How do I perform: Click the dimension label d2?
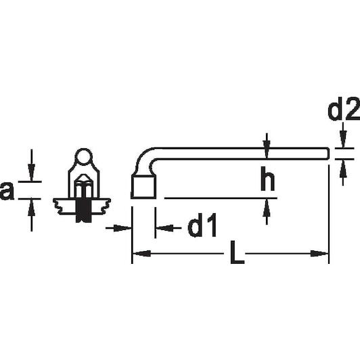(x=344, y=110)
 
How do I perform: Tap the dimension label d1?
(x=202, y=225)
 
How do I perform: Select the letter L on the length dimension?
(x=237, y=252)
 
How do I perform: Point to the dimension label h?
(x=268, y=179)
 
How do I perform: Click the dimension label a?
(x=7, y=191)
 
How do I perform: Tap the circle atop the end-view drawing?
(x=84, y=156)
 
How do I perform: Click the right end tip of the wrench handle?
(x=329, y=154)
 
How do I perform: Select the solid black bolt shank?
(x=83, y=210)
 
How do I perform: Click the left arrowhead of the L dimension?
(x=141, y=254)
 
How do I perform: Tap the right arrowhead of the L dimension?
(x=319, y=254)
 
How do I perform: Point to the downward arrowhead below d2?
(x=343, y=139)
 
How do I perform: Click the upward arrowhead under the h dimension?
(x=267, y=208)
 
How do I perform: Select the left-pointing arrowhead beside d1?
(x=164, y=228)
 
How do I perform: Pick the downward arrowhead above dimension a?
(x=31, y=173)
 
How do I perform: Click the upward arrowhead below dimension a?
(x=31, y=208)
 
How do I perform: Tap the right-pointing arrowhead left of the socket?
(x=122, y=228)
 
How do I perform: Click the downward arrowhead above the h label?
(x=267, y=149)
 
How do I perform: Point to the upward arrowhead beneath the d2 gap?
(x=343, y=168)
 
